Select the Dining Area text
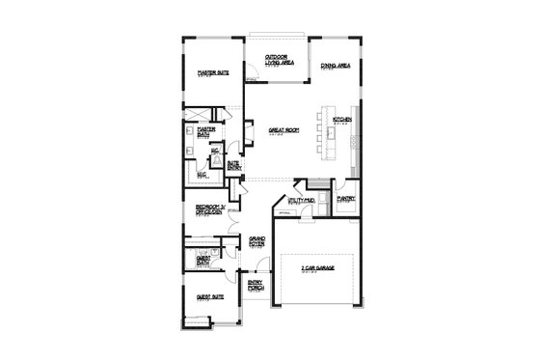coord(335,68)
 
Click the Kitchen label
coord(341,120)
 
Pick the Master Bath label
coord(205,132)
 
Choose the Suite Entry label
coord(232,165)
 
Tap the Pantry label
coord(346,199)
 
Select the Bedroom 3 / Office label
coord(211,210)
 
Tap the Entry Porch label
coord(256,286)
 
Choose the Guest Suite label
coord(210,297)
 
